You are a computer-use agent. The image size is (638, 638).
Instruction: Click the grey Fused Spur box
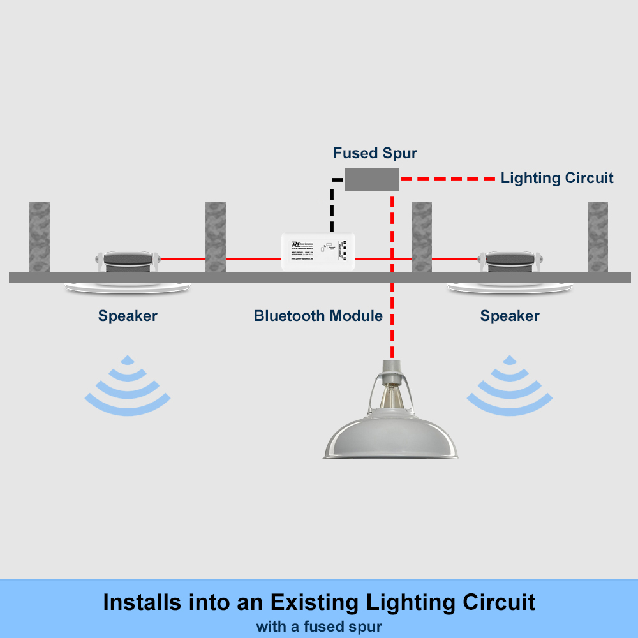[x=372, y=179]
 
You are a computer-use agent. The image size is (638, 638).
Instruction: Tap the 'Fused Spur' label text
[x=375, y=153]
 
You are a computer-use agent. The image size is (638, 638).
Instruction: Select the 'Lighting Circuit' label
[x=557, y=178]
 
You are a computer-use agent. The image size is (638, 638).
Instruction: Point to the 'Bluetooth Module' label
[x=318, y=316]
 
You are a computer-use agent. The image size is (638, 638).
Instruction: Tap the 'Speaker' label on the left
[x=128, y=316]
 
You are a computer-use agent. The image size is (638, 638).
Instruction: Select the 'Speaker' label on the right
[x=510, y=316]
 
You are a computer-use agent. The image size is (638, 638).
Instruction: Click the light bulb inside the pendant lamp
[x=391, y=398]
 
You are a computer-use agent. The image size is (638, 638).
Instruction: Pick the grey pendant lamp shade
[x=391, y=440]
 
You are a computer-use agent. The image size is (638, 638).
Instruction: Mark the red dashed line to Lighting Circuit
[x=447, y=179]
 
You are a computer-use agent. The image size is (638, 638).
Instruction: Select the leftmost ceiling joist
[x=40, y=237]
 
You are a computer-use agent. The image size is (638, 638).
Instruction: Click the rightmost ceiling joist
[x=598, y=237]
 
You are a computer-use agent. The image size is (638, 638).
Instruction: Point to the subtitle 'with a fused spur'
[x=318, y=627]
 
